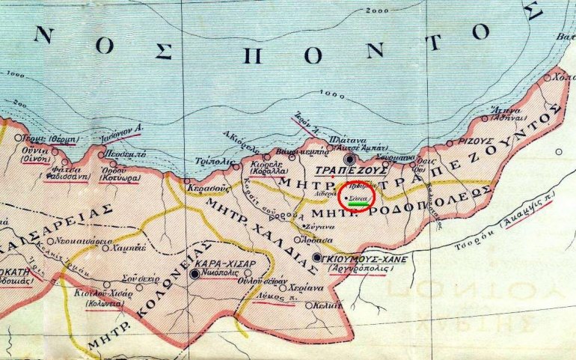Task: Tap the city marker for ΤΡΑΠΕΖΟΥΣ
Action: (x=348, y=159)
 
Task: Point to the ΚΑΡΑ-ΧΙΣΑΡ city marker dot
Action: (x=195, y=275)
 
